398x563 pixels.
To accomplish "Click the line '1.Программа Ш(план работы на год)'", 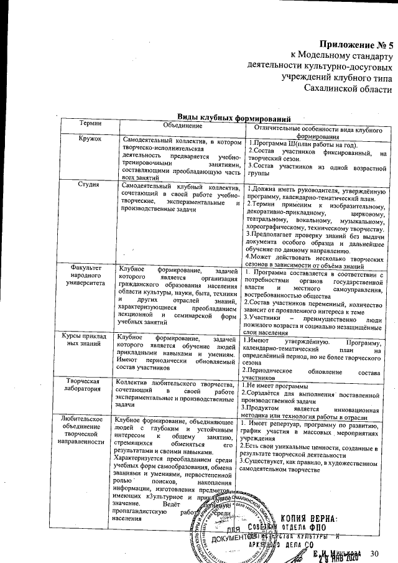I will (305, 144).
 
